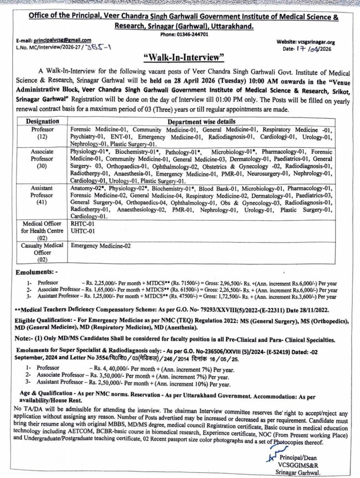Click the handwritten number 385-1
click(99, 48)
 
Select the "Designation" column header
click(42, 121)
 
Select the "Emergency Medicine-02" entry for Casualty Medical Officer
click(101, 245)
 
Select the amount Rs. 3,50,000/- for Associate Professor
click(103, 375)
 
